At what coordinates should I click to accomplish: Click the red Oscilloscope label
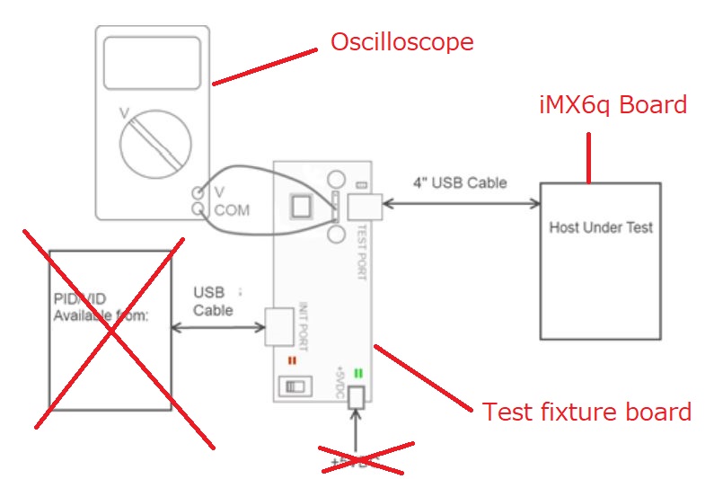point(401,42)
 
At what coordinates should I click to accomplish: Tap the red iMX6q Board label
point(613,105)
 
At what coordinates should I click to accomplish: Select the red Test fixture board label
point(586,412)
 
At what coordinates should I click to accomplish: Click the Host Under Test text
point(600,227)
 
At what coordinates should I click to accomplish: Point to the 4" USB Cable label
point(460,183)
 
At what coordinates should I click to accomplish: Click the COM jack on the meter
point(197,209)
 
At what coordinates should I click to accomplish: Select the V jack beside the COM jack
point(197,192)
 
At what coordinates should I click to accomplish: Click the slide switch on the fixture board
point(292,386)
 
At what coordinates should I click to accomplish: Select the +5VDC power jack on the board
point(357,396)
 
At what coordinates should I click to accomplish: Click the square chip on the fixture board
point(300,208)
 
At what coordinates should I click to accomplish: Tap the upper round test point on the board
point(337,178)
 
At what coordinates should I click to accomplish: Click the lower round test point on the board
point(337,235)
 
